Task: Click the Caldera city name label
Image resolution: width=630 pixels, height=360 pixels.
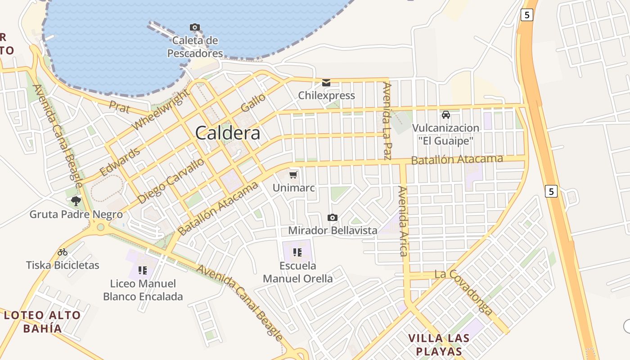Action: [228, 133]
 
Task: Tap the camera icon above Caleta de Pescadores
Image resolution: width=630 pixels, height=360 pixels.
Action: [195, 27]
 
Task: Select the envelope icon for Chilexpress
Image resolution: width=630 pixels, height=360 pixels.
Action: [326, 83]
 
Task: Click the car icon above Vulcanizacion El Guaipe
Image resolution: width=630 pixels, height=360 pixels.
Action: [446, 115]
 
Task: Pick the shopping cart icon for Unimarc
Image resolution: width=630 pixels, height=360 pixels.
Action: [294, 175]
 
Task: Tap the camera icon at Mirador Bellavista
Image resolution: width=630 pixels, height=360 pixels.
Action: [333, 218]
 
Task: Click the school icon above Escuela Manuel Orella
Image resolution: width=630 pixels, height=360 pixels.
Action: [297, 252]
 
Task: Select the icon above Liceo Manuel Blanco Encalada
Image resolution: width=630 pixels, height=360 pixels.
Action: [143, 270]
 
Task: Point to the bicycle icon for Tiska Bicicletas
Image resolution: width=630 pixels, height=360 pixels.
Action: [63, 252]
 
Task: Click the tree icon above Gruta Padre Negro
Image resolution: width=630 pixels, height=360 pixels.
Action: [76, 201]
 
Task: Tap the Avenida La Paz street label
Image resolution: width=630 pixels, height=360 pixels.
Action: [387, 121]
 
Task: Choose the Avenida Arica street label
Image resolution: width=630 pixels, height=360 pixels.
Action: [402, 221]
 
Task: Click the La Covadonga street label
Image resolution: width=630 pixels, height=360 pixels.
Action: [463, 291]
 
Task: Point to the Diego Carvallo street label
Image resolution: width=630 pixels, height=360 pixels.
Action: [171, 180]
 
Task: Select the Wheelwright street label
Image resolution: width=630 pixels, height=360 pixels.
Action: [161, 109]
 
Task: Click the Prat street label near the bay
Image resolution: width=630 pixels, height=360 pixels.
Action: [120, 108]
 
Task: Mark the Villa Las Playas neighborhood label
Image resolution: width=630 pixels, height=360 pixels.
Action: [439, 345]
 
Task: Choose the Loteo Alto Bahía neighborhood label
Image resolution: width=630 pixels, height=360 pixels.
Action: [42, 322]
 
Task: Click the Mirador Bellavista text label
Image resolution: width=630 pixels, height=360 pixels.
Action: [333, 230]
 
